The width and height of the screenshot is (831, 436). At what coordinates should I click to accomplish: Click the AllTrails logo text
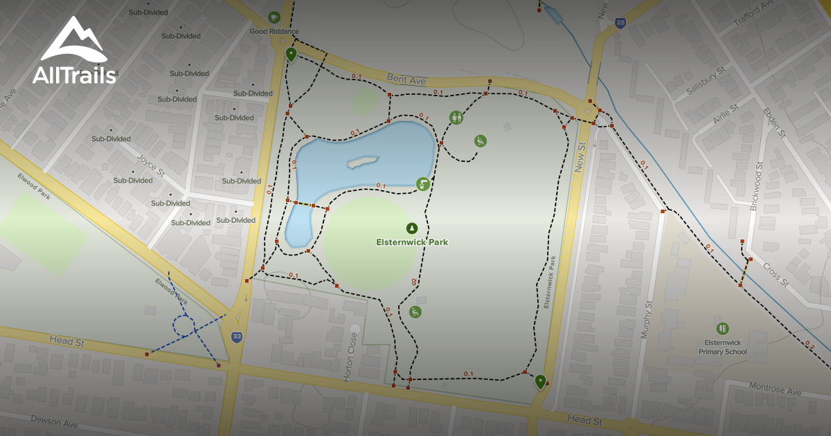(74, 75)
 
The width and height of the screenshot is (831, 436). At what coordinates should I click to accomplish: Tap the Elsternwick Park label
(413, 242)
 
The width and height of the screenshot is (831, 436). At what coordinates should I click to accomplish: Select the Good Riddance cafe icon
(275, 17)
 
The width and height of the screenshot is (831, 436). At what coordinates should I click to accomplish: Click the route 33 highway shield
(237, 336)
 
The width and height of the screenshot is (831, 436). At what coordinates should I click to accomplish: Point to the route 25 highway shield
(620, 23)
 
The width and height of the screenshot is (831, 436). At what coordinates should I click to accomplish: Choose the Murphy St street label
(646, 320)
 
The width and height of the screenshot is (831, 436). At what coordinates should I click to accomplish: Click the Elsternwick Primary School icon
(723, 328)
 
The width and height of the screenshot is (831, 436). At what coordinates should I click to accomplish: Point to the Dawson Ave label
(54, 421)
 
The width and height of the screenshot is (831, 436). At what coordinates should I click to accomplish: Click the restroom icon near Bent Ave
(456, 118)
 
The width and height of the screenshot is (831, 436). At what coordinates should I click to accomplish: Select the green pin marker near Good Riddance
(292, 54)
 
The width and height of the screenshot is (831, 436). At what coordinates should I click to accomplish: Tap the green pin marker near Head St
(540, 381)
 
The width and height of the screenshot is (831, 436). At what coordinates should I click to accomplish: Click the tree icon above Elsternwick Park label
(412, 228)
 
